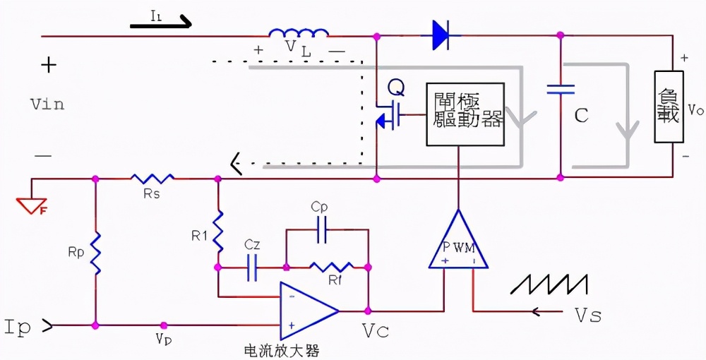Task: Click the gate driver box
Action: click(465, 114)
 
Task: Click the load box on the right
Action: click(668, 107)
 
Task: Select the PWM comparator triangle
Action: click(458, 244)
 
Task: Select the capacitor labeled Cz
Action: click(252, 268)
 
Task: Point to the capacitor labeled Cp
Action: click(322, 230)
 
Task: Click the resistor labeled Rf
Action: click(332, 268)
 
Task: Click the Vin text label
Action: click(47, 104)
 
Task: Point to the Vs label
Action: click(586, 316)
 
